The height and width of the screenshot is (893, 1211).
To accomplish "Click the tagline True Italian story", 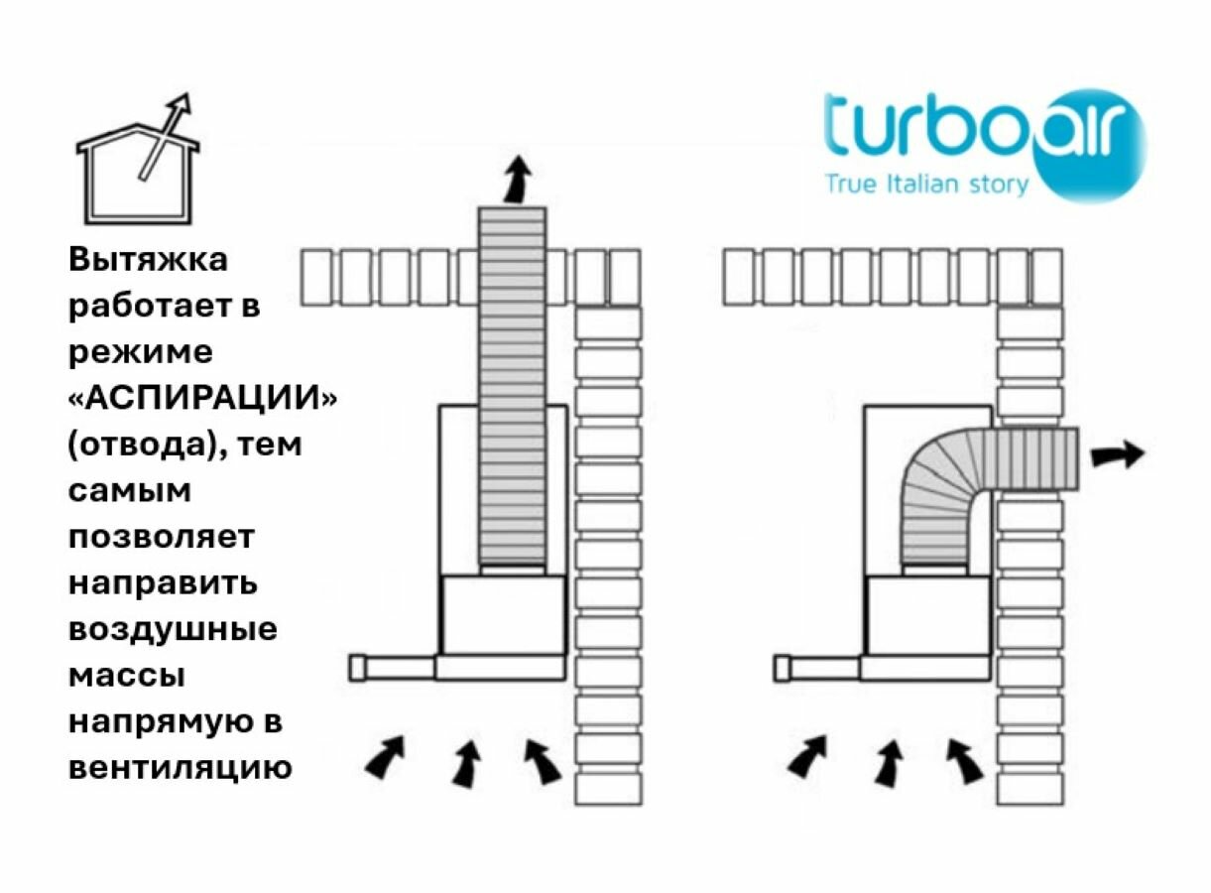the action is click(x=927, y=184).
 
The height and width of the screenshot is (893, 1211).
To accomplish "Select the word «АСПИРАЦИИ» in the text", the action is click(x=202, y=398).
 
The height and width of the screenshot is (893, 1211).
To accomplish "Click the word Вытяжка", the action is click(x=148, y=260).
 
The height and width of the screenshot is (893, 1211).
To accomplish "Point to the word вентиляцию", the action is click(x=180, y=768).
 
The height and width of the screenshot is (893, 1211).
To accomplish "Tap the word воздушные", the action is click(x=173, y=629).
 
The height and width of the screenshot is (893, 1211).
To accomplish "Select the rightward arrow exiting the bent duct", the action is click(x=1118, y=454).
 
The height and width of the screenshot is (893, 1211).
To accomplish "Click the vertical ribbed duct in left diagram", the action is click(x=512, y=387).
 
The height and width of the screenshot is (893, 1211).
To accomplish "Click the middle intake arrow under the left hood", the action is click(x=465, y=764).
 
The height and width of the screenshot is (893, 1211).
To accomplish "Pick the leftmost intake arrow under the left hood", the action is click(x=386, y=756).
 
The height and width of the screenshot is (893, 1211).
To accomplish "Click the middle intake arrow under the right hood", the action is click(x=889, y=764).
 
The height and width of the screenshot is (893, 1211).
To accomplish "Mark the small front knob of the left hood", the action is click(x=357, y=669).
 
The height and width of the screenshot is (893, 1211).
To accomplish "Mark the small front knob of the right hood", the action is click(x=782, y=669).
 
